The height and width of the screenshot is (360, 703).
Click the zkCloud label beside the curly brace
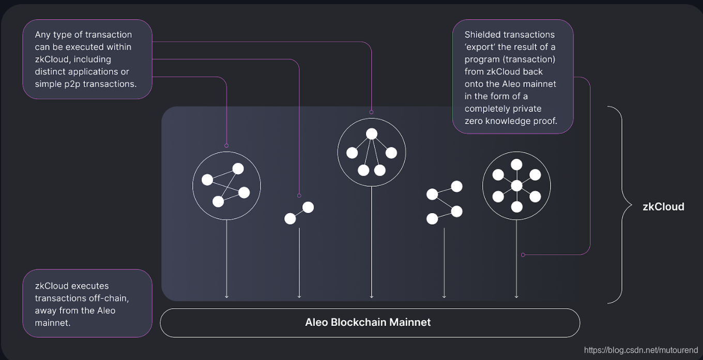click(x=663, y=207)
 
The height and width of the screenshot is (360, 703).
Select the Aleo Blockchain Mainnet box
click(x=370, y=323)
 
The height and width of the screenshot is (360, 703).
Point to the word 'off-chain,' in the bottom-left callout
click(x=110, y=298)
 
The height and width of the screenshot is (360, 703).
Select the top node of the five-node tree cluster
click(x=372, y=134)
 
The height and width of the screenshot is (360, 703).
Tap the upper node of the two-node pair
click(x=308, y=207)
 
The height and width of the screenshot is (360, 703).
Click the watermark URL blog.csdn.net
click(x=641, y=351)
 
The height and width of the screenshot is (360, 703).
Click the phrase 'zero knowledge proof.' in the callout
click(x=511, y=121)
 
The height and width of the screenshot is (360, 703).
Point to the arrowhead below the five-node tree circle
click(x=372, y=296)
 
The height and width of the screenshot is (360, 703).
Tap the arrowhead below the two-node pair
click(x=299, y=296)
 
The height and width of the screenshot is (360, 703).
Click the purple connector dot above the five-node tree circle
click(x=372, y=112)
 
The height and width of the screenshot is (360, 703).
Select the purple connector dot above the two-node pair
click(x=299, y=196)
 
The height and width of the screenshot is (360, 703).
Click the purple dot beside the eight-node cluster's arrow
click(x=523, y=254)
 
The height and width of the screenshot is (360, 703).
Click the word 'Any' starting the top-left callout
click(x=43, y=35)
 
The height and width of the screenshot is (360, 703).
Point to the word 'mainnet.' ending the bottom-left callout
click(x=52, y=323)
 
